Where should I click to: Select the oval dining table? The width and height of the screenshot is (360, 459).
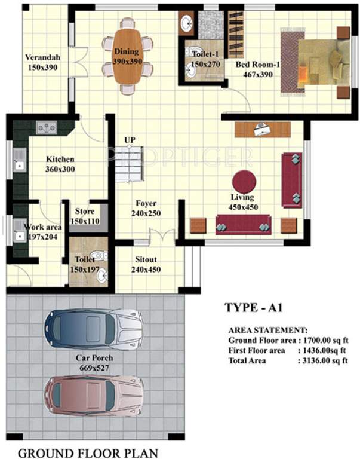(x=127, y=57)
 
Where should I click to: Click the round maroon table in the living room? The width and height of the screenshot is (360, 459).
(x=244, y=182)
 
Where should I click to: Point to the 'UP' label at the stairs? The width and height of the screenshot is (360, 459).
(x=130, y=140)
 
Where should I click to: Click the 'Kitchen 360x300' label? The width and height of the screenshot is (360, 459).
(x=60, y=164)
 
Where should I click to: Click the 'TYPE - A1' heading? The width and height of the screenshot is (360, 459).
(x=253, y=308)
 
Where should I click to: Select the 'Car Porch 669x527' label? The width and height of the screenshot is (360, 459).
(x=94, y=363)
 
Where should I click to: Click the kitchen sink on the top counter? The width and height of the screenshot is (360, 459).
(x=46, y=127)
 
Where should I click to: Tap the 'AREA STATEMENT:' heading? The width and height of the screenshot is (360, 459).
(x=268, y=329)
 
